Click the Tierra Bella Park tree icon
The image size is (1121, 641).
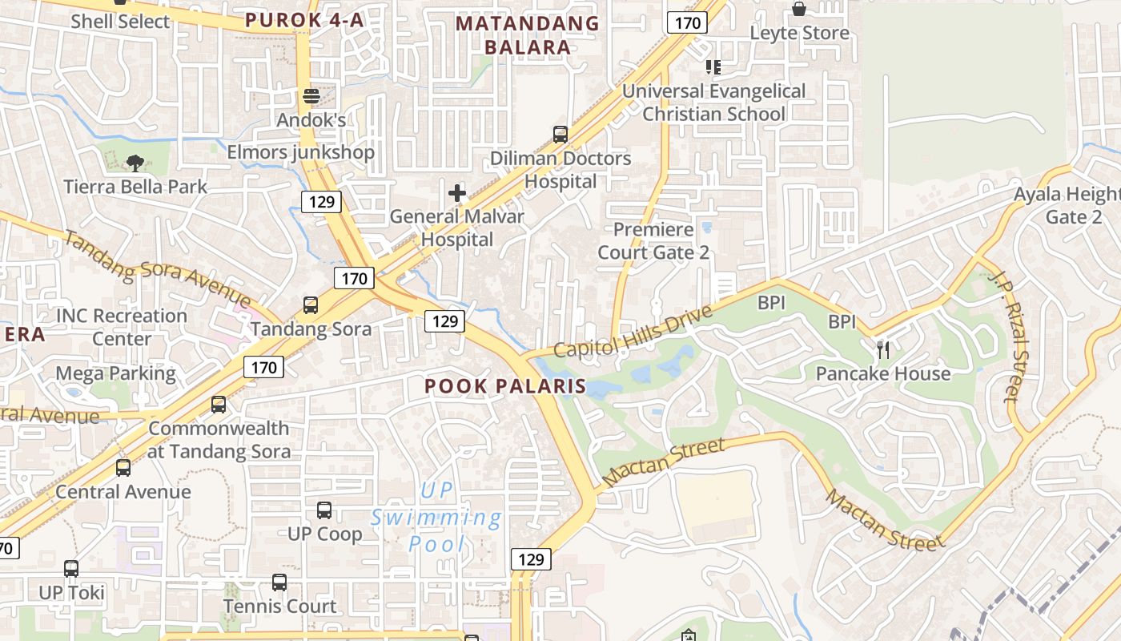pyautogui.click(x=135, y=163)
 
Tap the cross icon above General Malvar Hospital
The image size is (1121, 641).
pyautogui.click(x=457, y=192)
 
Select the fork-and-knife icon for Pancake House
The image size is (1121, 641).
pyautogui.click(x=883, y=349)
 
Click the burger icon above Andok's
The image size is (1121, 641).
pyautogui.click(x=311, y=97)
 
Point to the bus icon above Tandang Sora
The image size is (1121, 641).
pyautogui.click(x=311, y=305)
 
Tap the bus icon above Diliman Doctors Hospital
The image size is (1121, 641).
pyautogui.click(x=560, y=134)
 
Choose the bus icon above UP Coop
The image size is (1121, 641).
pyautogui.click(x=324, y=510)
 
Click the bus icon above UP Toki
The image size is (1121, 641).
pyautogui.click(x=71, y=569)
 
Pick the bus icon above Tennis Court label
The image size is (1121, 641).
pyautogui.click(x=279, y=583)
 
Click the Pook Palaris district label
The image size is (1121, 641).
pyautogui.click(x=505, y=386)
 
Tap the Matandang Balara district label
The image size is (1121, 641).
pyautogui.click(x=528, y=35)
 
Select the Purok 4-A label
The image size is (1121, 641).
pyautogui.click(x=304, y=20)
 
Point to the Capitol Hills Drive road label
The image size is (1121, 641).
pyautogui.click(x=633, y=332)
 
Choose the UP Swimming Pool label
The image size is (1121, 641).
pyautogui.click(x=436, y=518)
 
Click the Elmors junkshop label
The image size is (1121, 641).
pyautogui.click(x=301, y=152)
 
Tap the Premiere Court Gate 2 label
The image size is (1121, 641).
pyautogui.click(x=653, y=241)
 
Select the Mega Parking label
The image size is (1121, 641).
pyautogui.click(x=115, y=373)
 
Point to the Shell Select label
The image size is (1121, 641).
pyautogui.click(x=120, y=22)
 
